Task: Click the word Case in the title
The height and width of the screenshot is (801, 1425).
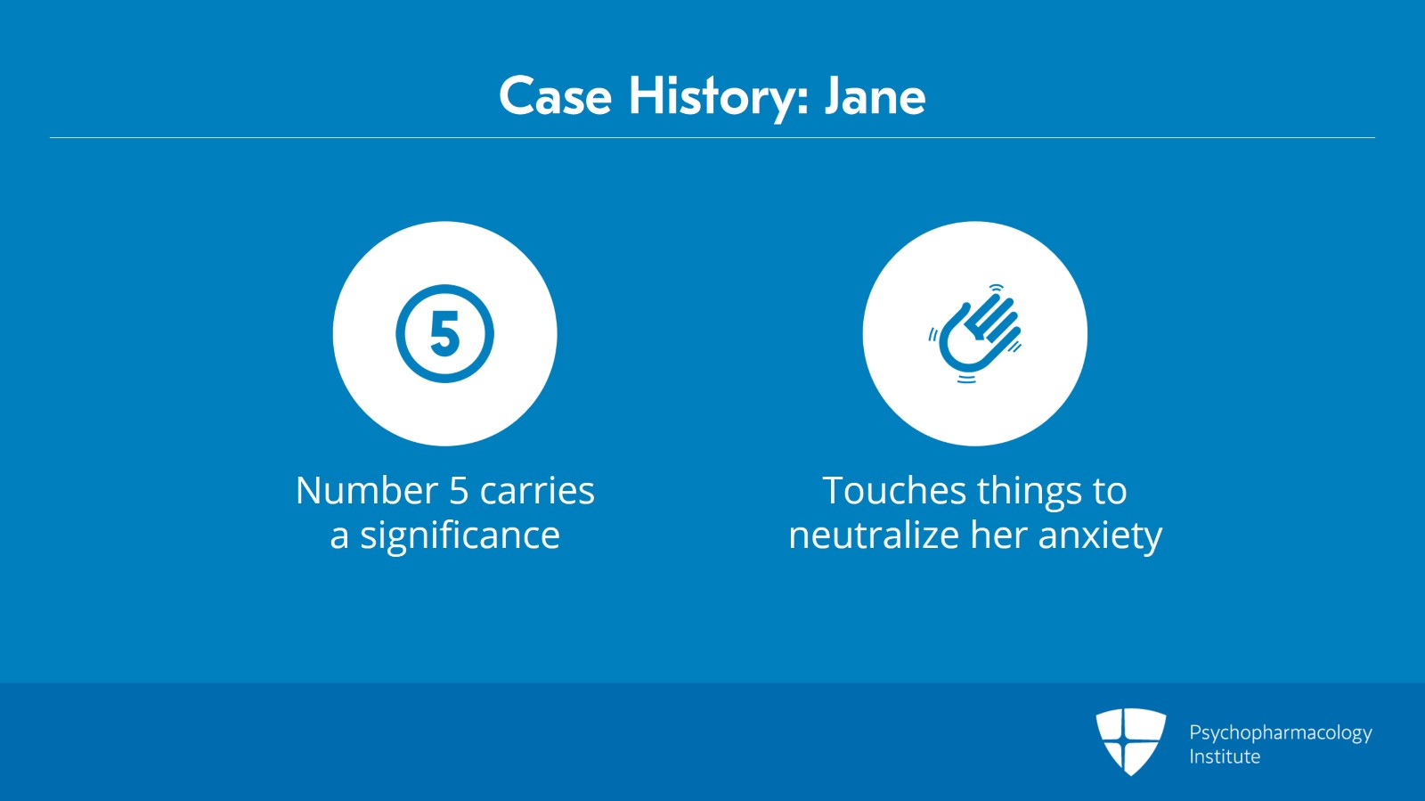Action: [556, 96]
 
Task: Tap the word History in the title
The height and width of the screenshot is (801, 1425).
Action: [720, 99]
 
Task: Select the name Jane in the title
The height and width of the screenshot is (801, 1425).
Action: [875, 96]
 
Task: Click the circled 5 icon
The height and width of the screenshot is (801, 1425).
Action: [444, 333]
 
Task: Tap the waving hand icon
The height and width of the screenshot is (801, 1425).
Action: [974, 334]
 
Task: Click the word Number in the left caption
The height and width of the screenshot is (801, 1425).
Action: [367, 491]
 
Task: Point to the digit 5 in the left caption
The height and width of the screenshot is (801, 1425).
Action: [459, 491]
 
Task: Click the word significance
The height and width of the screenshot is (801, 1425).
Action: [460, 536]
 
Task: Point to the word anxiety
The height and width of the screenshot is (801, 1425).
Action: [1100, 537]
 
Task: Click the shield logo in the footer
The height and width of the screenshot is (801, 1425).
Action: [1130, 741]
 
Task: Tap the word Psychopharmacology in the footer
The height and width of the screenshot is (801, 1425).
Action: [1281, 733]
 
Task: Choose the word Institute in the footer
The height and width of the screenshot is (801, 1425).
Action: [1225, 756]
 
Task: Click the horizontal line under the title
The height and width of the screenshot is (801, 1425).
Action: [712, 137]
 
